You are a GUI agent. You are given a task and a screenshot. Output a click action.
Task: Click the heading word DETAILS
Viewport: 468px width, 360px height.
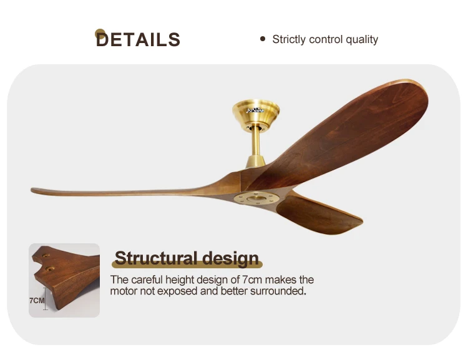[x=138, y=39]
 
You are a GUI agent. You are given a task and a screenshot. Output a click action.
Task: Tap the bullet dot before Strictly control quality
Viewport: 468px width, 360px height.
[x=263, y=39]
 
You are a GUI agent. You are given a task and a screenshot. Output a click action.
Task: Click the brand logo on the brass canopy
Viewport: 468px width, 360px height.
[x=255, y=110]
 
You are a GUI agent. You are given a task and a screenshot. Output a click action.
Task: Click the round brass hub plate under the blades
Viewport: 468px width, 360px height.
[x=256, y=198]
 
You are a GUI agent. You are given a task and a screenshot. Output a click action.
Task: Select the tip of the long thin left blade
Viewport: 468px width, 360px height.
[x=32, y=190]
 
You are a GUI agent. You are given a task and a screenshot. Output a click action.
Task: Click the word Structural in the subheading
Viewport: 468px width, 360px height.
[x=157, y=258]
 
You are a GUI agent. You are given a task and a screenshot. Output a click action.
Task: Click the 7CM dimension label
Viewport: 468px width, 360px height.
[x=37, y=300]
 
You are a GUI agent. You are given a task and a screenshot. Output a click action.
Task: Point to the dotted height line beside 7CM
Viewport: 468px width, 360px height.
[x=46, y=299]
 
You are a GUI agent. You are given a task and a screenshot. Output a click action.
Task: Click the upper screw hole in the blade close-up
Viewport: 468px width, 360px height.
[x=46, y=256]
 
